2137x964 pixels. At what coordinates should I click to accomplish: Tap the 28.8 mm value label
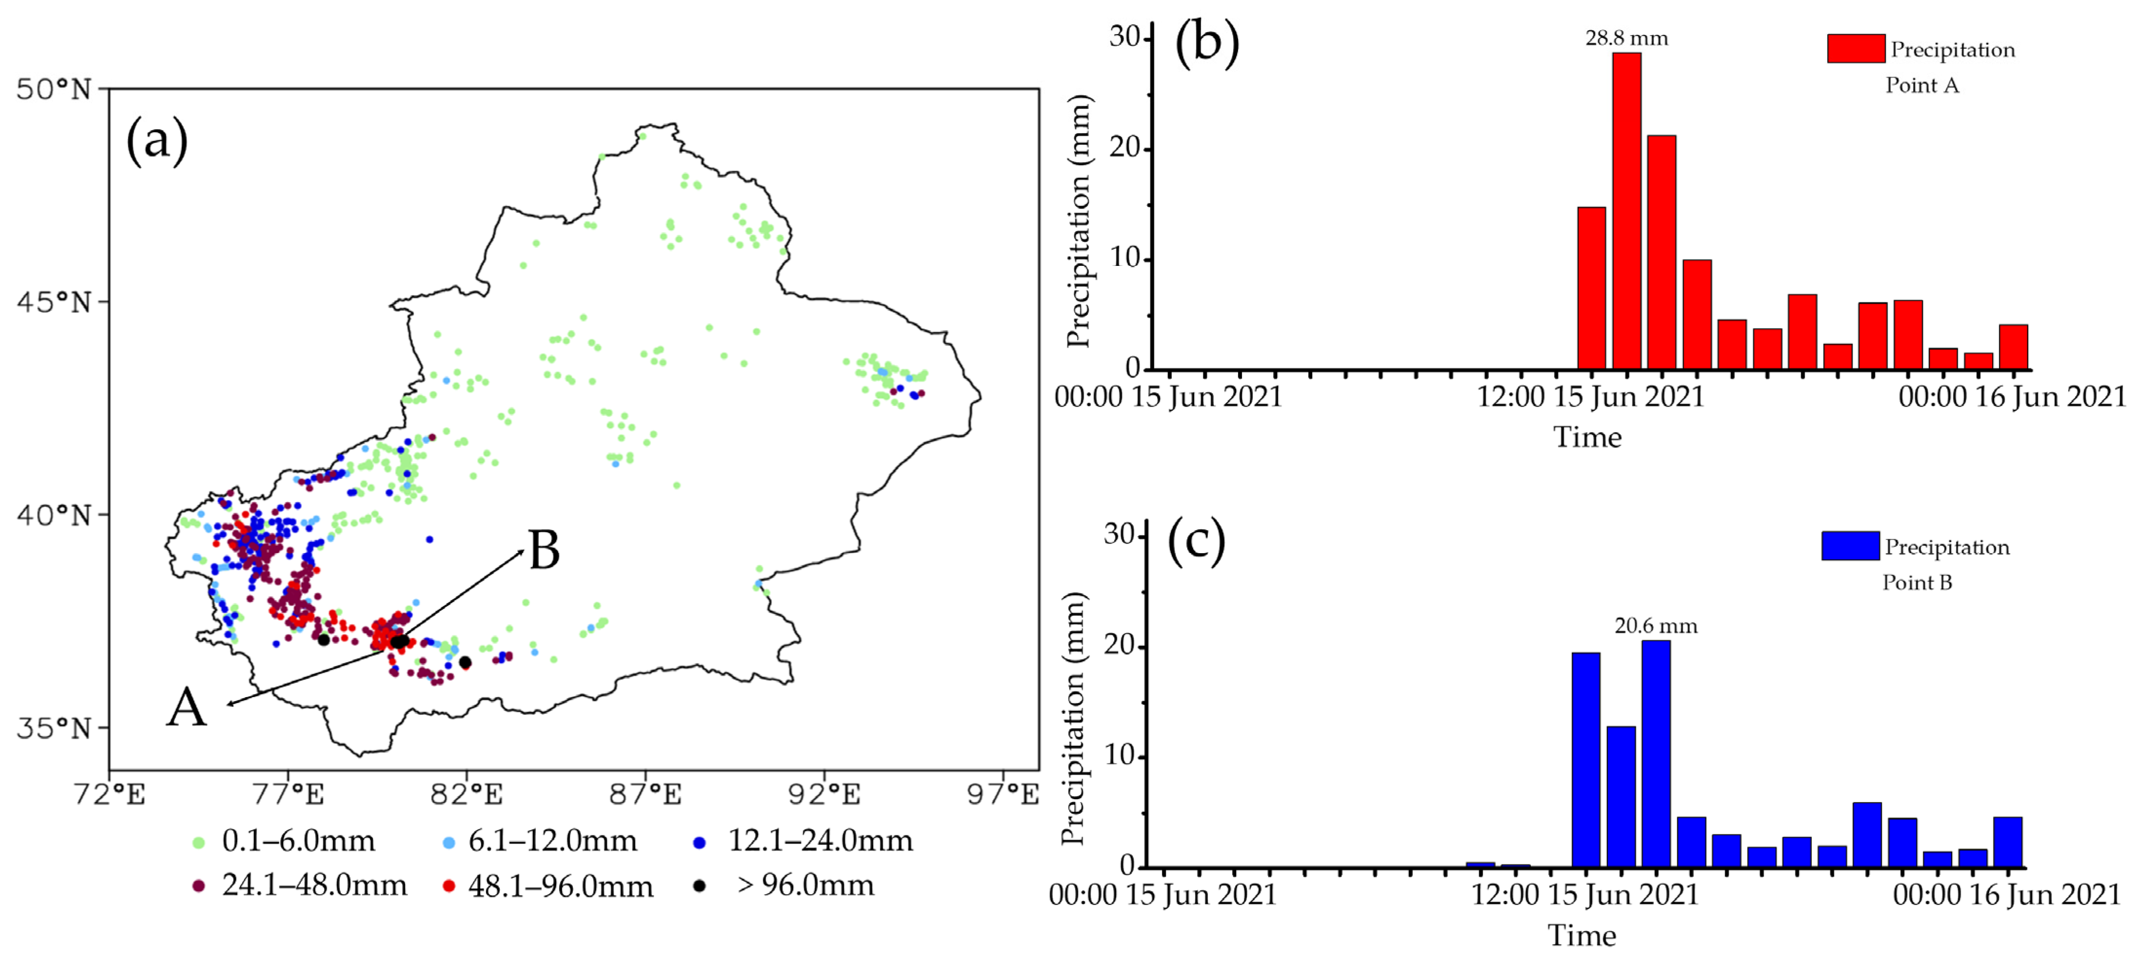pos(1626,38)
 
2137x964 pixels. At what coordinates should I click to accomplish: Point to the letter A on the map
pos(186,708)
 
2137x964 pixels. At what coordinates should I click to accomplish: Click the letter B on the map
pos(544,551)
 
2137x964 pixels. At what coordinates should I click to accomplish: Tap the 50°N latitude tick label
pos(53,89)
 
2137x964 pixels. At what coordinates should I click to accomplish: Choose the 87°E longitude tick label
pos(646,795)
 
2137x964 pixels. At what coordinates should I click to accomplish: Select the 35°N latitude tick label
pos(53,728)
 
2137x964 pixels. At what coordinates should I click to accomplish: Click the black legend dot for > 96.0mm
pos(699,886)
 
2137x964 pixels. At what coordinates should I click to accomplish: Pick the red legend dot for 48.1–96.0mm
pos(449,886)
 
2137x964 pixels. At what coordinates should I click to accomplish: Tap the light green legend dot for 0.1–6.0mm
pos(198,842)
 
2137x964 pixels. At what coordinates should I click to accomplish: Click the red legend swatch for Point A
pos(1856,49)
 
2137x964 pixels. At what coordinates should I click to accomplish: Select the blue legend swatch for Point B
pos(1850,546)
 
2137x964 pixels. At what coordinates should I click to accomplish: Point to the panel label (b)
pos(1207,43)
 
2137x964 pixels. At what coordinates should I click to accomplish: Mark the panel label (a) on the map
pos(157,140)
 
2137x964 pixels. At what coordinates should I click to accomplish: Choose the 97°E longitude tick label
pos(1003,795)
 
